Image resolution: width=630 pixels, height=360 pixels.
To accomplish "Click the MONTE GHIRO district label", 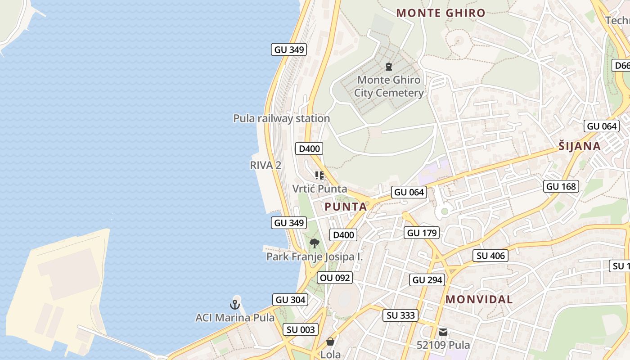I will pos(441,13).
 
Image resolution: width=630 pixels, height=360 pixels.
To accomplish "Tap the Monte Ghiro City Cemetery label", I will pos(389,86).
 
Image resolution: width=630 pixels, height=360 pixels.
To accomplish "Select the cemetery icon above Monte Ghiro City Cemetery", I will pos(389,67).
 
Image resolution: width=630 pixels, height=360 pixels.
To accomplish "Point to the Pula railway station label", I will pos(281,118).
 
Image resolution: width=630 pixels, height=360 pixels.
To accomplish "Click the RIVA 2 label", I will pos(265,165).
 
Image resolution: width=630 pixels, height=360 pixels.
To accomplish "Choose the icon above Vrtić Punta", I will pos(319,175).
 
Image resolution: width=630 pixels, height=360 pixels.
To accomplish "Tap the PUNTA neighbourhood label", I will pos(346,207).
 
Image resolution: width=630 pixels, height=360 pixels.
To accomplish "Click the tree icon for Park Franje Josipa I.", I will pos(315,244).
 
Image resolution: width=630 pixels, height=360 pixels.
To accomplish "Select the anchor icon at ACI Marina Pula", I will pos(235,305).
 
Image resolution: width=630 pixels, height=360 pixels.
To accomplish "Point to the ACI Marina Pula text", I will pos(235,318).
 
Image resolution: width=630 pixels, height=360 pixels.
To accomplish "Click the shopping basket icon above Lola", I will pos(330,342).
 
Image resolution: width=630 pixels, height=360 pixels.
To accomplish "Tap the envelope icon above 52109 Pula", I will pos(443,333).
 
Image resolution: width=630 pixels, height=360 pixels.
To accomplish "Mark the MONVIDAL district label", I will pos(479,299).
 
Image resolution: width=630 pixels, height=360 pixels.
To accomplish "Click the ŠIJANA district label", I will pos(580,146).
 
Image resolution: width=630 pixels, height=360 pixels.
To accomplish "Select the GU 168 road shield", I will pos(561,186).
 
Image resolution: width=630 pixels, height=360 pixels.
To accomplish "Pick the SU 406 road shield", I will pos(491,256).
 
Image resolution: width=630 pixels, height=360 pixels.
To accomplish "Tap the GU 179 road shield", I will pos(421,233).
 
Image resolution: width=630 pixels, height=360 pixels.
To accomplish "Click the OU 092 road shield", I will pos(334,278).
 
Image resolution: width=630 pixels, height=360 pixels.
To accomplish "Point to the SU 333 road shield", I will pos(400,315).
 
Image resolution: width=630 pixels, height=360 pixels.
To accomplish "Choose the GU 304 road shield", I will pos(290,300).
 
